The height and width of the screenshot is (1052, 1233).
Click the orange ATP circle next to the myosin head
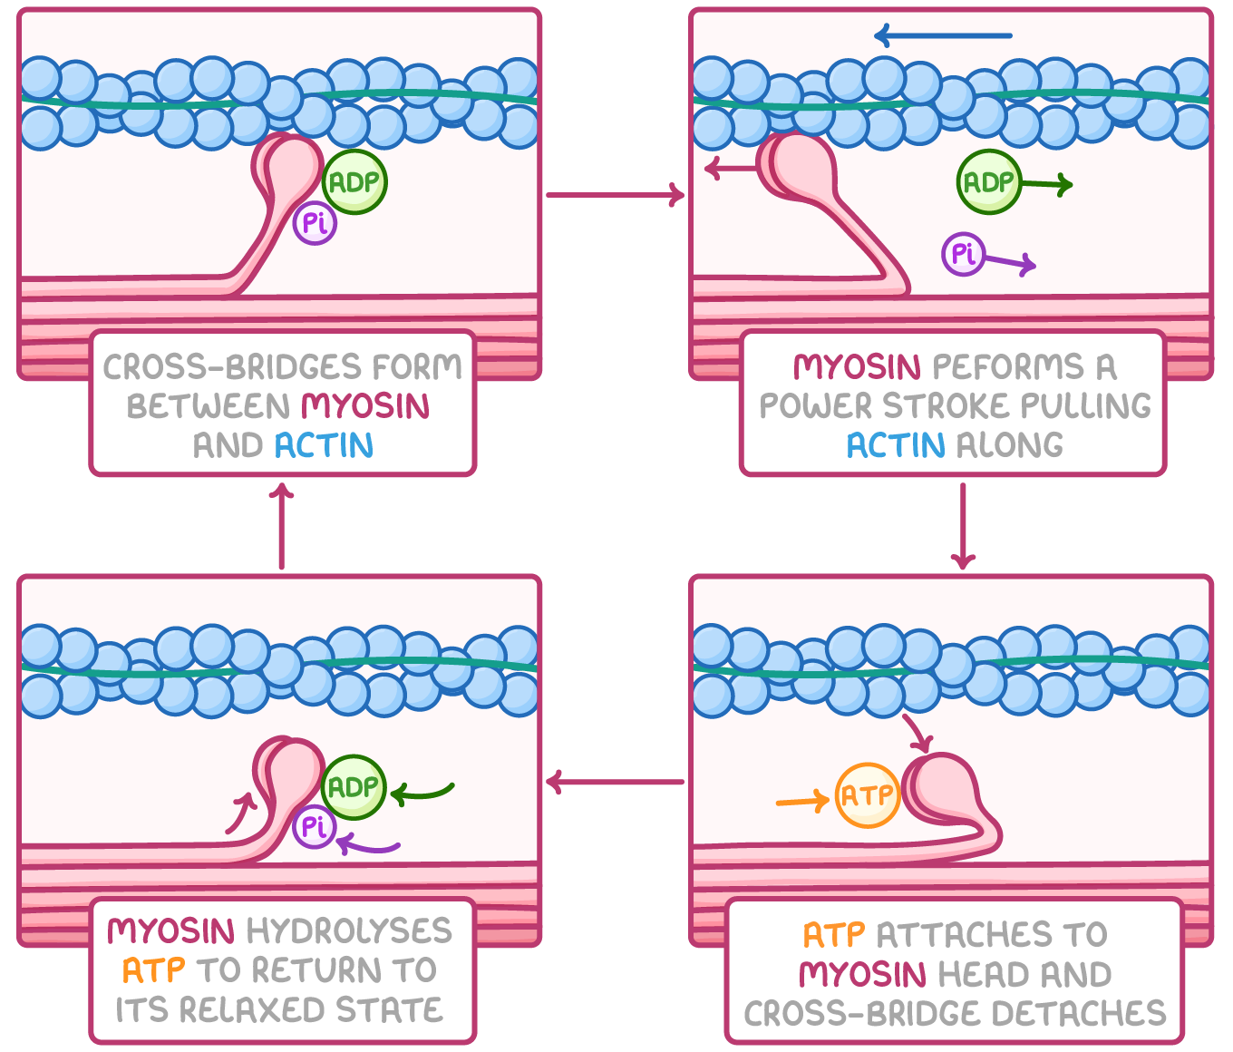point(867,795)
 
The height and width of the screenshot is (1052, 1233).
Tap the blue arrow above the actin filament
point(943,36)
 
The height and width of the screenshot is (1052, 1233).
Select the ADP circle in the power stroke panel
point(988,182)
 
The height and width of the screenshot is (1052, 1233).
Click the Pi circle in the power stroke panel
point(963,254)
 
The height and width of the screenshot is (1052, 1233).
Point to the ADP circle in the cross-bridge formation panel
point(354,182)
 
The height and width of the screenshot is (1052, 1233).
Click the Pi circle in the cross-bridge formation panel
point(315,223)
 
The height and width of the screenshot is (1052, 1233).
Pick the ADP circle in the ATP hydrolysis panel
point(354,786)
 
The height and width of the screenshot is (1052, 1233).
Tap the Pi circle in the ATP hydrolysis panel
point(315,826)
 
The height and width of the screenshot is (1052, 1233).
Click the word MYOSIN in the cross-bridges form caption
point(365,405)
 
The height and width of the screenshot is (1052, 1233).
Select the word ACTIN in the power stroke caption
point(896,445)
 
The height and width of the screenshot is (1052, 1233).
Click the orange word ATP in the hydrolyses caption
point(153,970)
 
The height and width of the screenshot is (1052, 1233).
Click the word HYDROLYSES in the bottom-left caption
point(349,930)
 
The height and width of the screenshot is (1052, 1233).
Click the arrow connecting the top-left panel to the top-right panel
point(615,194)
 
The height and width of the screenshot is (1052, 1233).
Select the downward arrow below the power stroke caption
point(963,526)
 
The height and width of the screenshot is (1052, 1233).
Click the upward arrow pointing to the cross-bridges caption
point(282,526)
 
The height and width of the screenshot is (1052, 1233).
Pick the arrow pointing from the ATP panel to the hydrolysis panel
point(615,782)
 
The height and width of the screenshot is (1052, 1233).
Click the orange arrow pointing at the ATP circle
point(802,801)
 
